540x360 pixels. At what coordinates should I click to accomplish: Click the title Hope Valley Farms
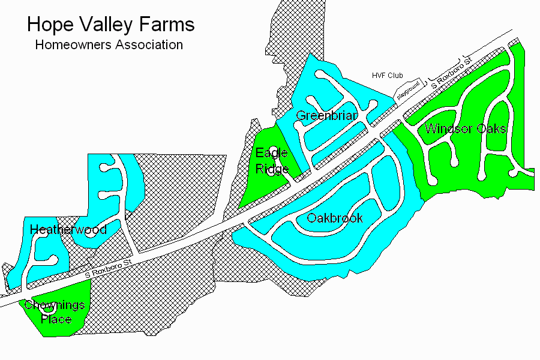click(111, 25)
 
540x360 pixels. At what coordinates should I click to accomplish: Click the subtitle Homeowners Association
click(109, 44)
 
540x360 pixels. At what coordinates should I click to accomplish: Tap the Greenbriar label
click(327, 115)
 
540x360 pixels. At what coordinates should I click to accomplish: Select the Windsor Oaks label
click(466, 128)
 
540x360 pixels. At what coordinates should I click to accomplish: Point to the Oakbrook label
click(335, 218)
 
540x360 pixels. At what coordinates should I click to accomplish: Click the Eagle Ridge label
click(272, 160)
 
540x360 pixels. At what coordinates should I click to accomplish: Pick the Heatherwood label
click(68, 229)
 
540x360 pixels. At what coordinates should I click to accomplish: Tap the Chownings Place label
click(55, 312)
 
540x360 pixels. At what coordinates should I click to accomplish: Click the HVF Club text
click(387, 76)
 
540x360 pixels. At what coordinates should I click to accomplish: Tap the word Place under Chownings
click(56, 319)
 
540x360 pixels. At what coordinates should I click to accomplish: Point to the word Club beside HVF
click(395, 76)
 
